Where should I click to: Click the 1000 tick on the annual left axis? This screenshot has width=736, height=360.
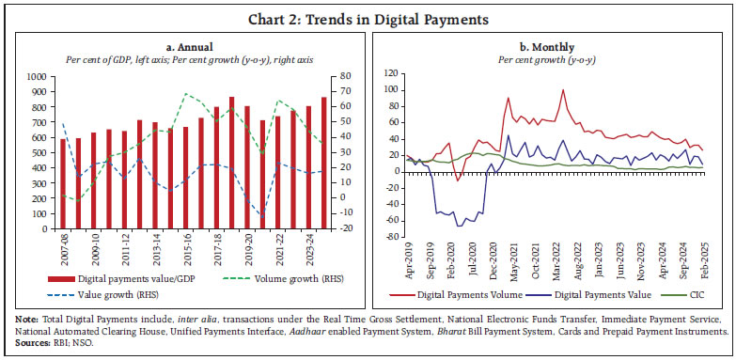click(x=39, y=77)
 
